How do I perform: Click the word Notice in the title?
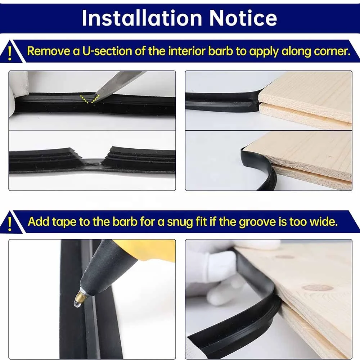244,18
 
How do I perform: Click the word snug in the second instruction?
179,221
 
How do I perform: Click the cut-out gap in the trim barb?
91,161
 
